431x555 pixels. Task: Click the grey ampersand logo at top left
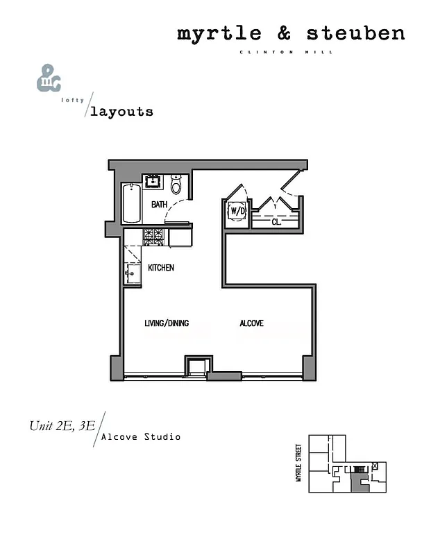tap(48, 78)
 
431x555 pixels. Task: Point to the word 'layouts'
tap(121, 111)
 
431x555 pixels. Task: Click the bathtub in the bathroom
tap(130, 203)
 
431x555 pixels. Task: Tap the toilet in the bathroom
tap(176, 185)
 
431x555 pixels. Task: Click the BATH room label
tap(160, 205)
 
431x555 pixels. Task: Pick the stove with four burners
tap(154, 237)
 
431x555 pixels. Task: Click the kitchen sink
tap(133, 274)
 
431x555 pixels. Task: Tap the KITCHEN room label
tap(161, 268)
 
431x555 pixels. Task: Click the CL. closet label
tap(276, 223)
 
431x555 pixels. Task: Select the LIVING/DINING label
tap(167, 323)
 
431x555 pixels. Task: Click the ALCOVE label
tap(251, 323)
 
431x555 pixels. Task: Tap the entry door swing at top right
tap(291, 182)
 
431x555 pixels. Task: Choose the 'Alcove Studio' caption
tap(141, 437)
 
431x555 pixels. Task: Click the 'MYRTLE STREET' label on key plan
tap(298, 463)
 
